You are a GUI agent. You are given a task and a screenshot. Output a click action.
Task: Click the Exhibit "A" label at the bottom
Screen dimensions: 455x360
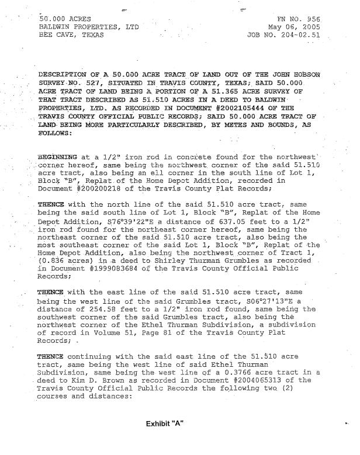click(x=165, y=422)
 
